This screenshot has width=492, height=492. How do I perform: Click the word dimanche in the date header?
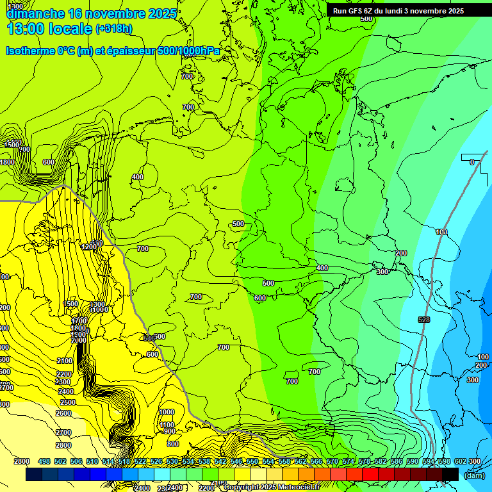pyautogui.click(x=35, y=13)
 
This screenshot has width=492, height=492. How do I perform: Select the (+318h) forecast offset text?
pyautogui.click(x=113, y=29)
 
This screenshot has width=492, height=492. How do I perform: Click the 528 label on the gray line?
pyautogui.click(x=423, y=319)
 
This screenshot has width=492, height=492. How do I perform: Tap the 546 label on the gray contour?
pyautogui.click(x=149, y=337)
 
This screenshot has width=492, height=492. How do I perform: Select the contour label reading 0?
pyautogui.click(x=472, y=162)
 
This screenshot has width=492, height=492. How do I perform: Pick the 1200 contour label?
pyautogui.click(x=89, y=247)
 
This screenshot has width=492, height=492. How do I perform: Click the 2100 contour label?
pyautogui.click(x=65, y=361)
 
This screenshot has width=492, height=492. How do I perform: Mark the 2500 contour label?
pyautogui.click(x=67, y=402)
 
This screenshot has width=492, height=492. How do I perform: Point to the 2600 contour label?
pyautogui.click(x=63, y=413)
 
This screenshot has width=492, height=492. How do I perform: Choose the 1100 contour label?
pyautogui.click(x=167, y=425)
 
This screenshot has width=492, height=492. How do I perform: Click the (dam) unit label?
pyautogui.click(x=473, y=475)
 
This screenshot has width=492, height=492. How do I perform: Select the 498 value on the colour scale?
pyautogui.click(x=44, y=461)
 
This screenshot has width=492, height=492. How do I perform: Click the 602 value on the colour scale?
pyautogui.click(x=460, y=461)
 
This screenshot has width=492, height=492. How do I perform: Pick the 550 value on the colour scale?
pyautogui.click(x=252, y=461)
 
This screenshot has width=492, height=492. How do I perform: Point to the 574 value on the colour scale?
pyautogui.click(x=348, y=461)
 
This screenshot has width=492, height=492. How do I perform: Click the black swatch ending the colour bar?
pyautogui.click(x=450, y=474)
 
